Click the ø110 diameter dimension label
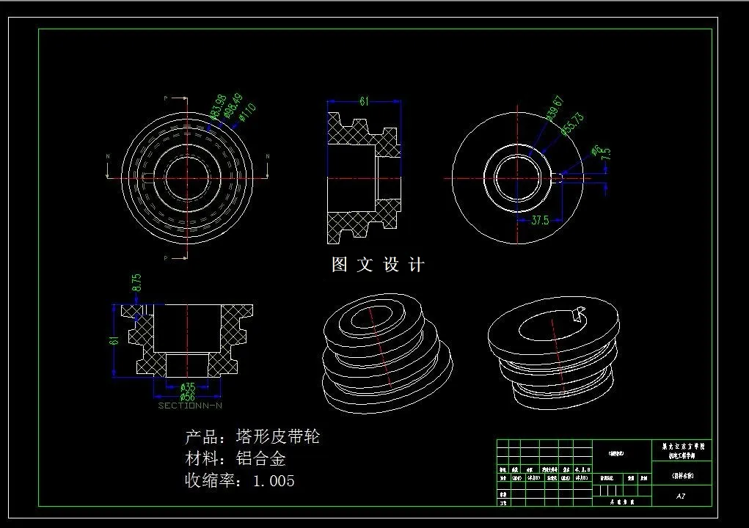tap(247, 113)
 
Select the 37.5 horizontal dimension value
tap(539, 220)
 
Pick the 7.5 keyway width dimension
tap(606, 154)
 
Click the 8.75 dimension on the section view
tap(136, 283)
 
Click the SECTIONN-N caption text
tap(190, 406)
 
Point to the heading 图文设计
tap(378, 265)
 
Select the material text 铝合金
tap(260, 460)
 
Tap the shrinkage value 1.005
tap(274, 481)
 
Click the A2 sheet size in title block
tap(681, 496)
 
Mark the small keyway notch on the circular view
tap(559, 176)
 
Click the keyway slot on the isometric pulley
tap(577, 315)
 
